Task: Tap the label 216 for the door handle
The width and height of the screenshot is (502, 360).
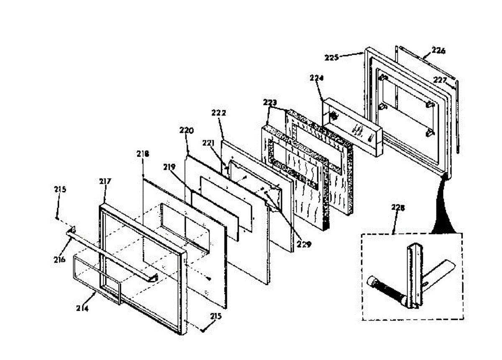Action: [59, 260]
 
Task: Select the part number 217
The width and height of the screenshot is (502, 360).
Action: [105, 182]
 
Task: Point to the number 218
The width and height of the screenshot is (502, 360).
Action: [142, 154]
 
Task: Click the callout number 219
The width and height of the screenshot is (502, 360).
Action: [169, 167]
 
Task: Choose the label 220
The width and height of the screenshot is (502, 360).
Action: [187, 130]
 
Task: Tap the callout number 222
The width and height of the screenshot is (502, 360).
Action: [218, 113]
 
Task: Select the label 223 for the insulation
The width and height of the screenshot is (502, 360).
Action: [270, 102]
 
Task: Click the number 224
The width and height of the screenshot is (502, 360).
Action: [317, 78]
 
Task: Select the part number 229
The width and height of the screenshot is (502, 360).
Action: [304, 244]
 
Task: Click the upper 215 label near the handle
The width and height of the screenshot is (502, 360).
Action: [60, 189]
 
